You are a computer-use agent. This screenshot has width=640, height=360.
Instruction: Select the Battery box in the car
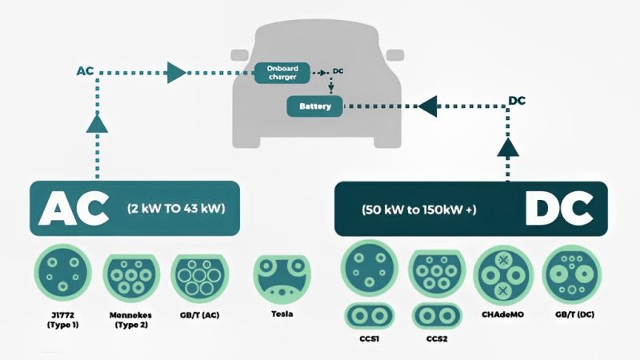(x=314, y=105)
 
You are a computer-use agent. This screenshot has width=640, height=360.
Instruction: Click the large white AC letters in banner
(x=74, y=210)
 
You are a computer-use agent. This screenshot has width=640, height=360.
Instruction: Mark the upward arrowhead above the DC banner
(x=508, y=146)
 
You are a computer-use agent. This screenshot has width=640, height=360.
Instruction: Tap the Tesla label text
(x=281, y=314)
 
